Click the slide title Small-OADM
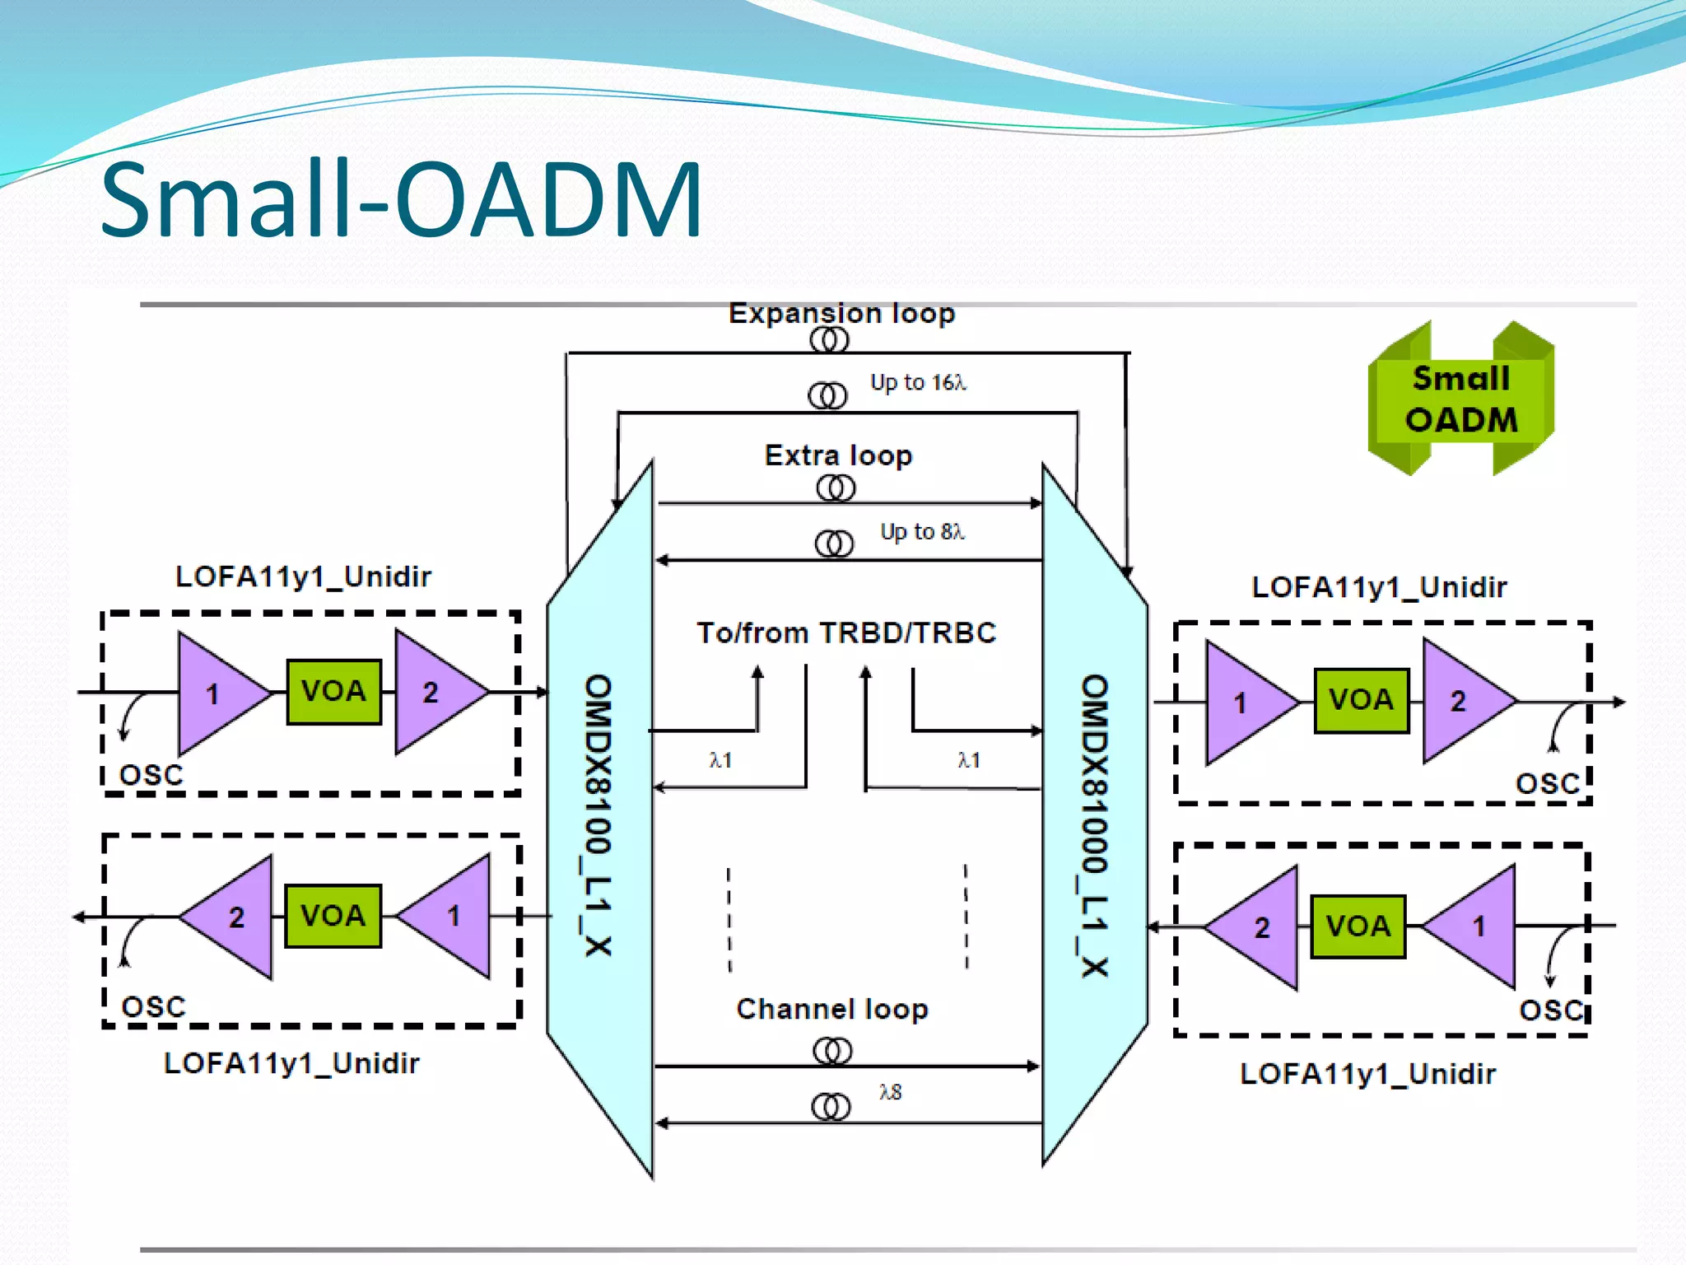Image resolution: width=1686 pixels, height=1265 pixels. click(x=401, y=200)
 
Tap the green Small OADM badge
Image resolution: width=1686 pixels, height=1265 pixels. click(x=1460, y=399)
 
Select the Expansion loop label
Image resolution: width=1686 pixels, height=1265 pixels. click(x=841, y=314)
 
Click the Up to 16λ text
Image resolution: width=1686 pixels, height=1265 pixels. click(x=918, y=383)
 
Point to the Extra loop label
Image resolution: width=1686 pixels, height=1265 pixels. click(x=838, y=455)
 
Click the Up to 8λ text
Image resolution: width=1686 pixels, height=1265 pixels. click(x=922, y=532)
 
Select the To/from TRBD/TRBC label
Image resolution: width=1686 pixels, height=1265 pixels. click(x=846, y=632)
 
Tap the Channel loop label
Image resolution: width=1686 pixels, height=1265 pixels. click(x=831, y=1009)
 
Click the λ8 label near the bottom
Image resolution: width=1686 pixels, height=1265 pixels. click(x=891, y=1092)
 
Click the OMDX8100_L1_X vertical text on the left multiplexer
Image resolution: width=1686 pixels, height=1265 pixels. click(x=598, y=815)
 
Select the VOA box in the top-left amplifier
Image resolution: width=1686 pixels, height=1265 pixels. click(x=333, y=691)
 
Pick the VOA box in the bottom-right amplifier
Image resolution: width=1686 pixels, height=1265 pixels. click(x=1358, y=927)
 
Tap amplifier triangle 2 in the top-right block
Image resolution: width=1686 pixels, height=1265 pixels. click(x=1460, y=702)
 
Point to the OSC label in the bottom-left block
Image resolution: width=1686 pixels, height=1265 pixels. click(x=154, y=1006)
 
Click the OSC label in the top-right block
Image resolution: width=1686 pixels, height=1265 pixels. click(x=1548, y=783)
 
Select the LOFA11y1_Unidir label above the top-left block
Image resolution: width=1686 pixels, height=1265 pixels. click(x=303, y=576)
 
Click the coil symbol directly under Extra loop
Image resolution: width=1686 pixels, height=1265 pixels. click(x=836, y=489)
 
